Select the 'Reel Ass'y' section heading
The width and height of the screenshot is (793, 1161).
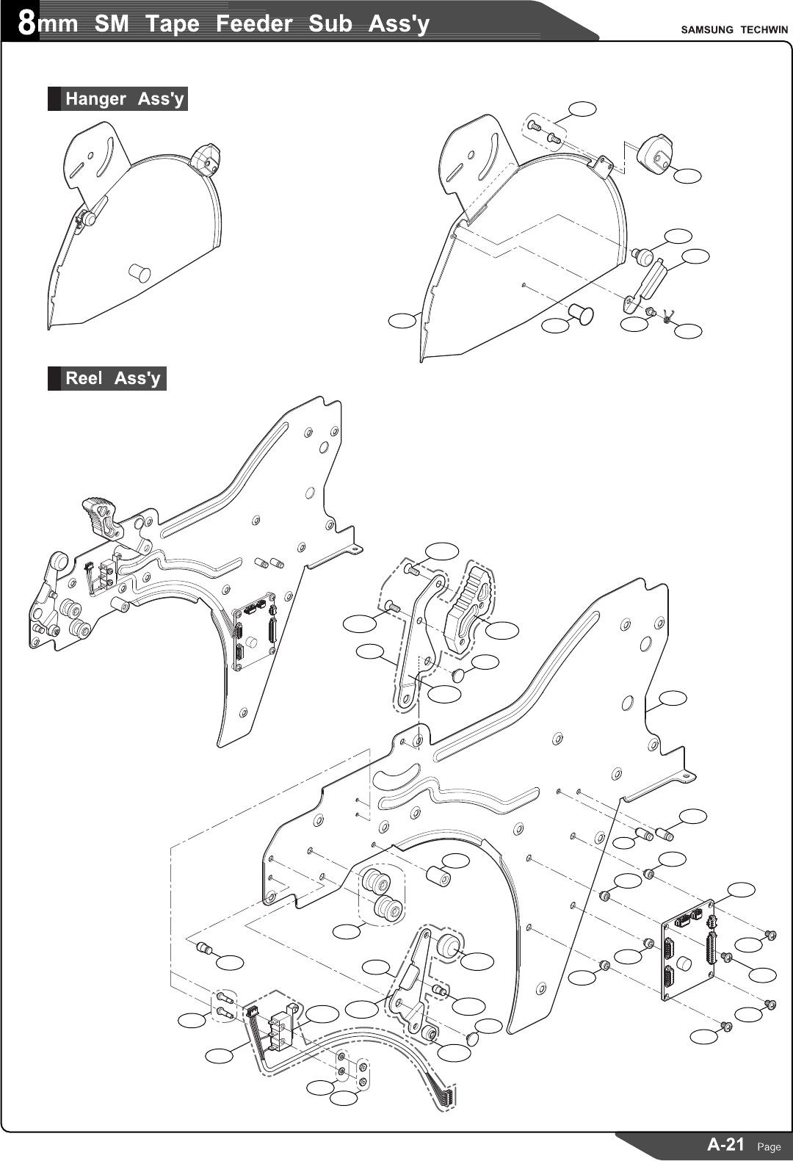(x=112, y=378)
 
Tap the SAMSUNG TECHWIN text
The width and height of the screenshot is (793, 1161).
(x=734, y=30)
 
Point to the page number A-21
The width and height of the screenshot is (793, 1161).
(x=725, y=1143)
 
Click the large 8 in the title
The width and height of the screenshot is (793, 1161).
(x=26, y=23)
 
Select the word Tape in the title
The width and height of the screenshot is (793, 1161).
(x=172, y=23)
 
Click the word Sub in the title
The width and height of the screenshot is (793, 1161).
(x=330, y=23)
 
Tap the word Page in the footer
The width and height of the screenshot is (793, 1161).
(x=769, y=1146)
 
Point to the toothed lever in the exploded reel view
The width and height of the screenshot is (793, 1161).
(x=468, y=612)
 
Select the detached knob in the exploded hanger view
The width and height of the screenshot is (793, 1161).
(x=656, y=153)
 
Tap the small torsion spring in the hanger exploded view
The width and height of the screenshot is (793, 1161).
(x=667, y=317)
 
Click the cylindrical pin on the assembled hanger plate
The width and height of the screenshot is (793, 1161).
(x=140, y=273)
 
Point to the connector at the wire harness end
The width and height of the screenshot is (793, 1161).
(x=447, y=1095)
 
